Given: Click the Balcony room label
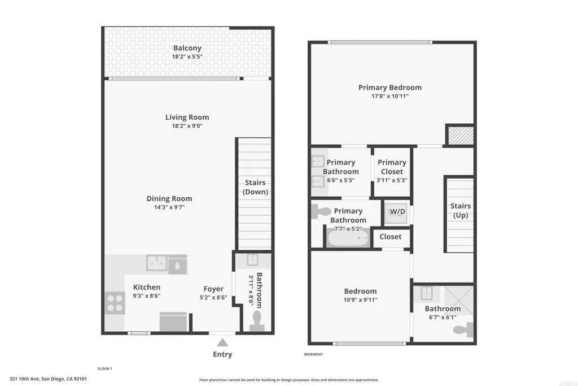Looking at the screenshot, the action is [187, 48].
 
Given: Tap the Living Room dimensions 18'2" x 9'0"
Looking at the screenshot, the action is [187, 126].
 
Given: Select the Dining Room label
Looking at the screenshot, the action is [169, 198].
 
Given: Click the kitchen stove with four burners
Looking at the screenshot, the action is [115, 303].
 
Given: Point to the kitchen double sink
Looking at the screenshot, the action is [157, 263].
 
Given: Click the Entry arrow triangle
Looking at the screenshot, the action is [222, 343].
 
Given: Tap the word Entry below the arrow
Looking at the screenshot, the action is [222, 354].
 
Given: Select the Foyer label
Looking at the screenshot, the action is [213, 289].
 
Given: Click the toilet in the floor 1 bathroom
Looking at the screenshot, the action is [257, 320].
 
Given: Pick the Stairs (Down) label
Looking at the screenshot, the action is [255, 187].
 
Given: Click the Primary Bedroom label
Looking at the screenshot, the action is [390, 88].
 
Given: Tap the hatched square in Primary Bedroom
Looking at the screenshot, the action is [461, 136].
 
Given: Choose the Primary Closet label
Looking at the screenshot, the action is [392, 167].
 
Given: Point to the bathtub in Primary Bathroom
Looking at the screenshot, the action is [348, 238].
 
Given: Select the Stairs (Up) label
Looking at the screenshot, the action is [461, 210].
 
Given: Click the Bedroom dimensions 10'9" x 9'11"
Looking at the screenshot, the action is [361, 300].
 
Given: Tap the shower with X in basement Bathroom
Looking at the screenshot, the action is [458, 300].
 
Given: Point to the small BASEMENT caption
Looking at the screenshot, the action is [313, 354].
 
